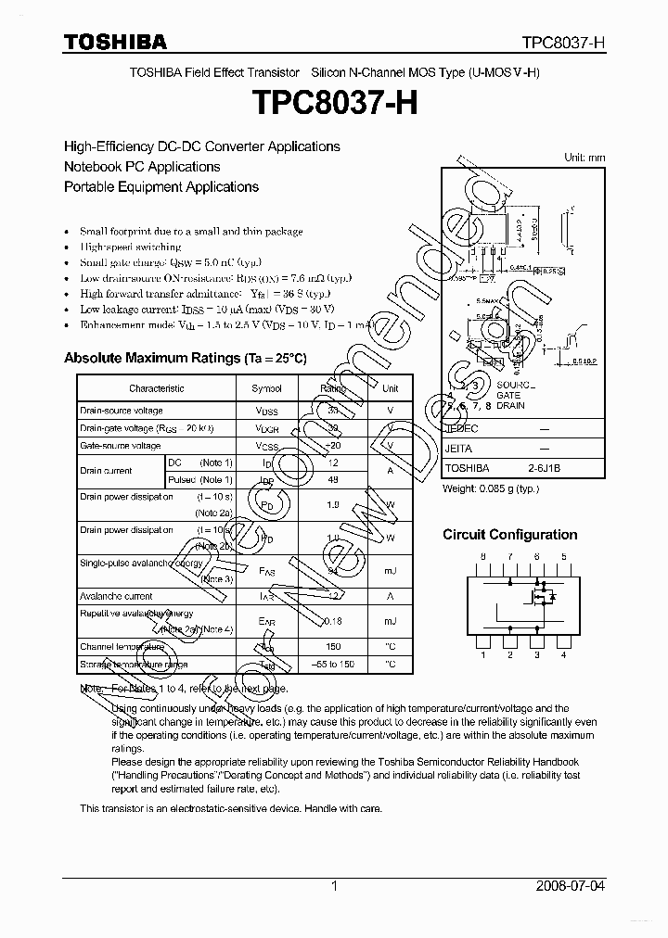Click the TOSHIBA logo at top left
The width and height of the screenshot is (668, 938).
(115, 42)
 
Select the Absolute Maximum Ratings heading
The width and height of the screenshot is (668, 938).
(185, 358)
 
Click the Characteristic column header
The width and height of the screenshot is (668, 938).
(156, 388)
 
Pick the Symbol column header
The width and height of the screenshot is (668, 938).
(266, 388)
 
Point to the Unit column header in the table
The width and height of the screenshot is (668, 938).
(391, 388)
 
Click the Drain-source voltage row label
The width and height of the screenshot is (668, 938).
(122, 411)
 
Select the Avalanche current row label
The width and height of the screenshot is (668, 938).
(116, 596)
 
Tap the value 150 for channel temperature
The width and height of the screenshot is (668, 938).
(333, 646)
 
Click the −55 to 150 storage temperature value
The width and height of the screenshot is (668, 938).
(333, 665)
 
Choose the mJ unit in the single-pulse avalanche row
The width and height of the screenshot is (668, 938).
(391, 571)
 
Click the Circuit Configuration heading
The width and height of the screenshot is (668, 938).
(509, 535)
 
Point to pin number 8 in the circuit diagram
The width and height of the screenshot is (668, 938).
(482, 556)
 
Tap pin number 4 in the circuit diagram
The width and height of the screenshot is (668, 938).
(563, 655)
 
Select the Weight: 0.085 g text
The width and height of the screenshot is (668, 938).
(491, 488)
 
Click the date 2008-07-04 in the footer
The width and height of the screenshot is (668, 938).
(571, 886)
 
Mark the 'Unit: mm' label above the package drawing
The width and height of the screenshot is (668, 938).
(584, 158)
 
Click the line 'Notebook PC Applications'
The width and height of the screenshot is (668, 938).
(142, 167)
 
